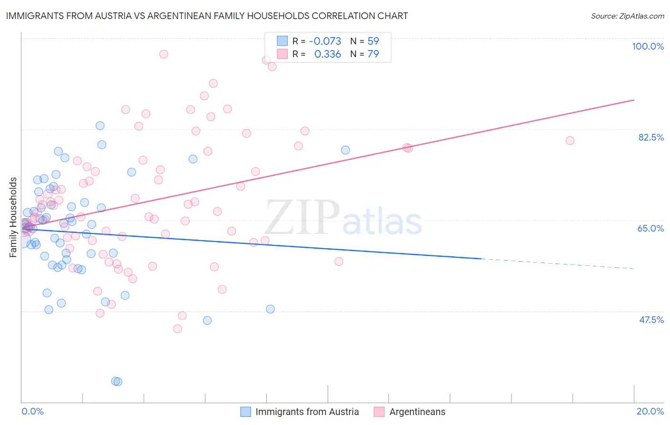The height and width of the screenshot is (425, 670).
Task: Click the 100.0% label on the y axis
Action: [648, 46]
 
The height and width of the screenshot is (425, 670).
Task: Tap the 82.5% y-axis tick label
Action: [650, 137]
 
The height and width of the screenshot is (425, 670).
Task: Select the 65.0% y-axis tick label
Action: [650, 228]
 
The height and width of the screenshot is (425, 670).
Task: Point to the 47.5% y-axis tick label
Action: [651, 320]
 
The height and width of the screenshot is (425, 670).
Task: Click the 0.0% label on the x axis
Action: [32, 411]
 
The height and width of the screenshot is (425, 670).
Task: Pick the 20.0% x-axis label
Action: [650, 411]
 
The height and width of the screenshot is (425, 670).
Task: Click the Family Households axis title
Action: [13, 217]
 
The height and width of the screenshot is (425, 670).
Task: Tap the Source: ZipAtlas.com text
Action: [627, 16]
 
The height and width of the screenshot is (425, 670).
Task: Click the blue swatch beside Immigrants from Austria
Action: [245, 412]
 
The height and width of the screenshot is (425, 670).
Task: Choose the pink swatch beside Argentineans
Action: [379, 412]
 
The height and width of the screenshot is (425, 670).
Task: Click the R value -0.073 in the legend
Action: [325, 41]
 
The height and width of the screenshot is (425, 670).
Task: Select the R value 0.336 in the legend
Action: [327, 54]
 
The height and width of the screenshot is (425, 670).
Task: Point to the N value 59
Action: [373, 41]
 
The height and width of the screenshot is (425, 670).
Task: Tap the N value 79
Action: [373, 54]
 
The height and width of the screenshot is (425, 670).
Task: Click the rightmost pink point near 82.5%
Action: [569, 141]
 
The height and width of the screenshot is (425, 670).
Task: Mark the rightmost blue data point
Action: [345, 150]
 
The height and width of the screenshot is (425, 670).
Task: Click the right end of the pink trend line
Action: [634, 100]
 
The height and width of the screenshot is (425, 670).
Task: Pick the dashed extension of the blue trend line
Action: [558, 264]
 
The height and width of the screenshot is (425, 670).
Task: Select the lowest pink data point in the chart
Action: [177, 329]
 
